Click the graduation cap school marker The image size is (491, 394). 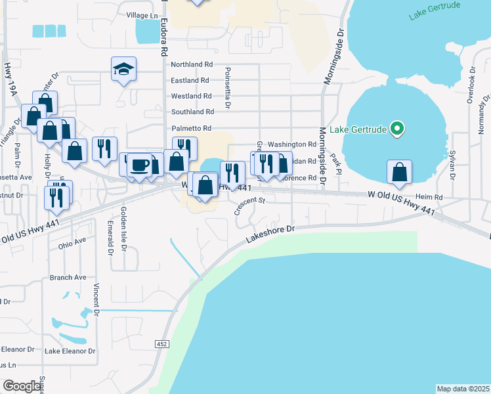click(x=123, y=69)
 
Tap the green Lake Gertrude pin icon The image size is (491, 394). click(x=396, y=129)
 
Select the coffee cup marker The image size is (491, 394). click(x=139, y=165)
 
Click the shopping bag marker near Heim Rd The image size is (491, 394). click(x=399, y=173)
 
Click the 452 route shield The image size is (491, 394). click(x=161, y=343)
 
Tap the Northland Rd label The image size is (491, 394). click(x=192, y=65)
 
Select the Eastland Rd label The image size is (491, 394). click(x=190, y=80)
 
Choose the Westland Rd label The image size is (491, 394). click(x=190, y=96)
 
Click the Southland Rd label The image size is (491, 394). click(x=192, y=112)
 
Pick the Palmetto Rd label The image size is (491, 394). click(x=191, y=128)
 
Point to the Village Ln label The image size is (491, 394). click(x=143, y=14)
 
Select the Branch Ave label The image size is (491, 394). click(x=68, y=278)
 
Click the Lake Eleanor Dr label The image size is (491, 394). click(x=70, y=351)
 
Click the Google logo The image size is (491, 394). click(x=22, y=386)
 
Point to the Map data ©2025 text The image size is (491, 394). click(x=463, y=388)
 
